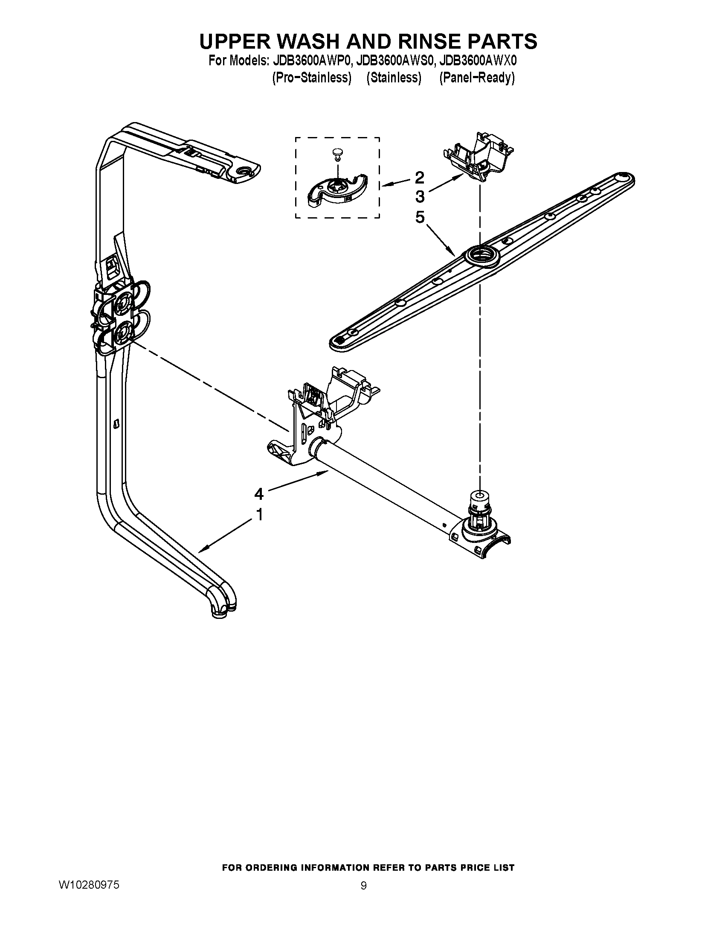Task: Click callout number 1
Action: [x=259, y=514]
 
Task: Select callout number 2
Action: [x=420, y=177]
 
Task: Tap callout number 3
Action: [x=420, y=197]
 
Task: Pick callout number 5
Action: [x=420, y=217]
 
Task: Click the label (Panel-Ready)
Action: [x=477, y=78]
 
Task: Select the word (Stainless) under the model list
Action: [x=394, y=78]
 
